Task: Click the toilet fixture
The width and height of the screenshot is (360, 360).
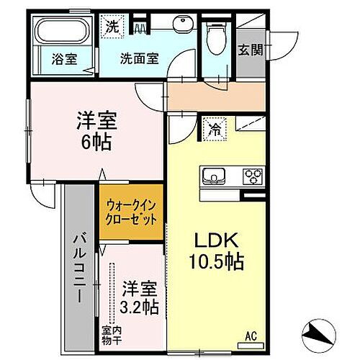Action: click(216, 34)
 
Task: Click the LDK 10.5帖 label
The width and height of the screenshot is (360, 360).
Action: click(214, 250)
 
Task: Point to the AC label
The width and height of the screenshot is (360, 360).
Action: click(251, 333)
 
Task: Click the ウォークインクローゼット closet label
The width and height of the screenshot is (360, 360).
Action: click(132, 212)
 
